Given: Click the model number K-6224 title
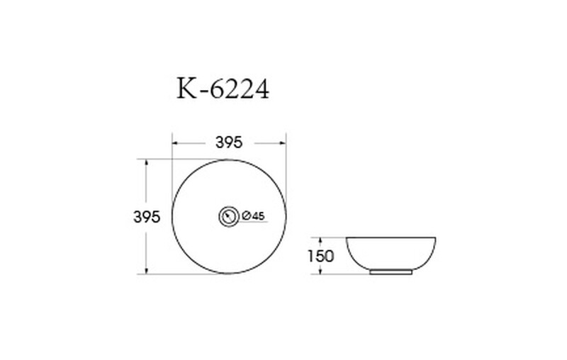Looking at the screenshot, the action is click(223, 89).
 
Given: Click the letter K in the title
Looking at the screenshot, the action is click(186, 89).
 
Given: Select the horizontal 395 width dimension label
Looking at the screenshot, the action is click(228, 142).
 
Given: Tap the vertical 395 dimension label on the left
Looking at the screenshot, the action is click(147, 217).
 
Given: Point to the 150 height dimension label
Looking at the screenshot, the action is click(320, 257).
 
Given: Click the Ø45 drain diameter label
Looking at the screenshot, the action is click(254, 215).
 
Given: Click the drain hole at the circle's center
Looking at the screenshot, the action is click(228, 217).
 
